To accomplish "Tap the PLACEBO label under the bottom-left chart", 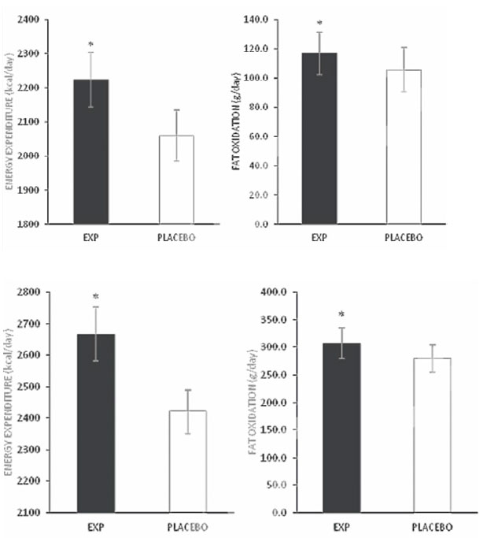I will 186,526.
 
